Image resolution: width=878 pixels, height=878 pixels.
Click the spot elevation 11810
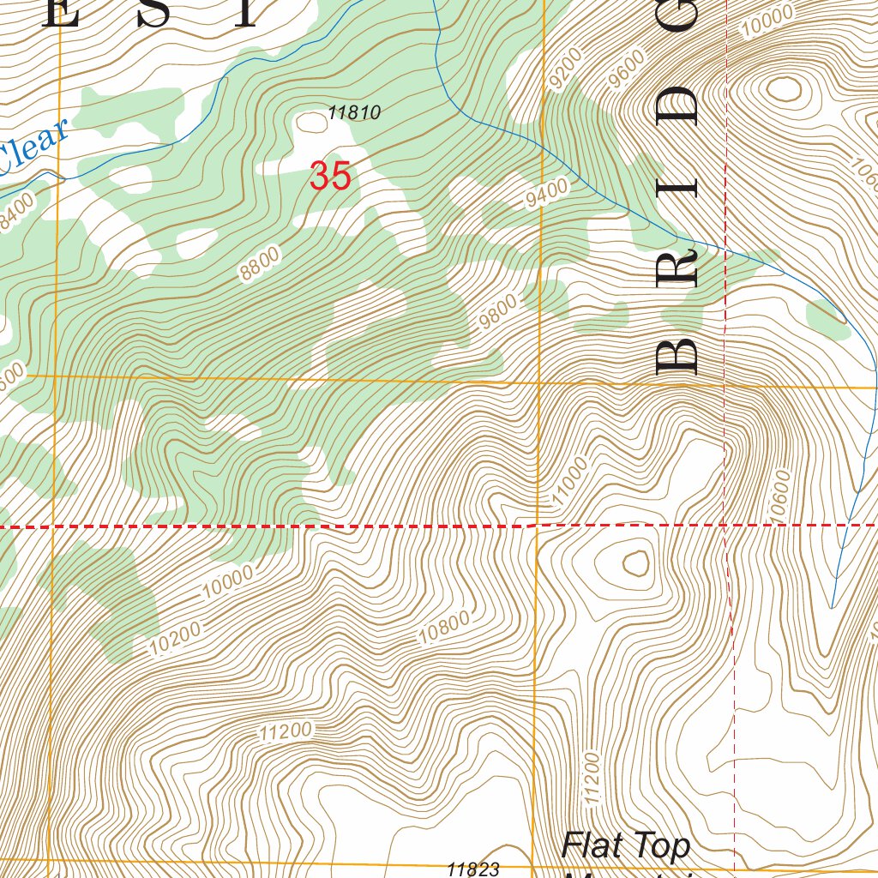354,112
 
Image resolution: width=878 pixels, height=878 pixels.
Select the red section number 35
330,177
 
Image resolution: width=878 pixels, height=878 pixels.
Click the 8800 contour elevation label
260,262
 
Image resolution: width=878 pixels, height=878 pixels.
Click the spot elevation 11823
472,869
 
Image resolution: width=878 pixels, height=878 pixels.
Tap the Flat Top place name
625,845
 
